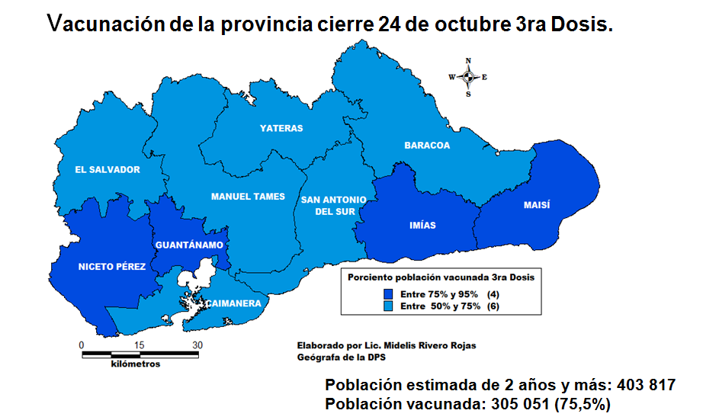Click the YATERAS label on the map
tap(281, 128)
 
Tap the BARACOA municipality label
tap(427, 145)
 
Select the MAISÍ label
tap(537, 206)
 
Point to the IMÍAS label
tap(422, 225)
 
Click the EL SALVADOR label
tap(108, 169)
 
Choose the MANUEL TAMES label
tap(248, 197)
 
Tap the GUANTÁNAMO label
tap(188, 245)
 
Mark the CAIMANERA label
tap(233, 303)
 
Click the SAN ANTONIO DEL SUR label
tap(333, 206)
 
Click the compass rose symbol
tap(468, 77)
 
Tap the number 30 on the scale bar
tap(197, 345)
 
